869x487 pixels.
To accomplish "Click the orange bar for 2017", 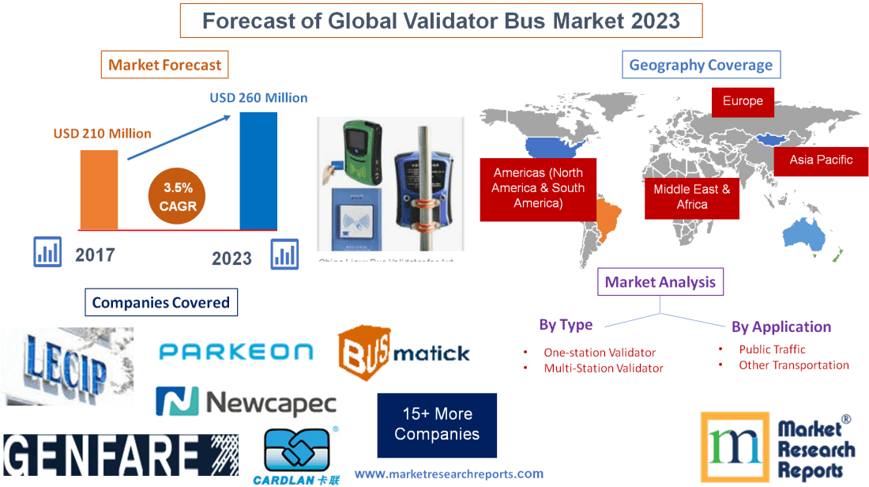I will coord(99,190).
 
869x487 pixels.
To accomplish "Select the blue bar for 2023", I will coord(258,170).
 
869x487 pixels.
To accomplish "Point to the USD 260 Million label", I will coord(258,98).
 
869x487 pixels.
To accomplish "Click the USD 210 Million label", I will coord(103,134).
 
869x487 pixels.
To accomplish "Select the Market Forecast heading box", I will coord(165,65).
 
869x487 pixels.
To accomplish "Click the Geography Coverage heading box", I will coord(701,65).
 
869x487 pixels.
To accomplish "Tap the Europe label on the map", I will coord(743,101).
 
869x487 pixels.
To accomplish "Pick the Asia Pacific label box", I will coord(821,160).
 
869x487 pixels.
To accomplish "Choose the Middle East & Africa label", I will coord(692,197).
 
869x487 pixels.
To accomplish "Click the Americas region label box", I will coord(538,188).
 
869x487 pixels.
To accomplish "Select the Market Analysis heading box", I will coord(660,282).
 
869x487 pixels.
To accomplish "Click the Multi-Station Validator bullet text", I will coord(604,368).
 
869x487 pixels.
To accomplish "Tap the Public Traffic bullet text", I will coord(772,349).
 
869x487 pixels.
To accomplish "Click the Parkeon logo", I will coord(235,352).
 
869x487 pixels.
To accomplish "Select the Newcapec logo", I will coord(246,402).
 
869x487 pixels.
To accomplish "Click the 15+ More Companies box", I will coord(437,425).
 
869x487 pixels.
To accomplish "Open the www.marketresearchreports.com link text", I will coord(449,474).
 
